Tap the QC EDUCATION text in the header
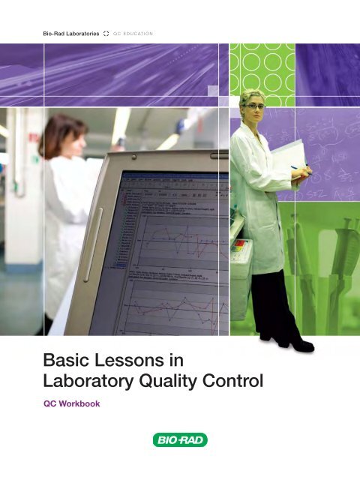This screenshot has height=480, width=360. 133,34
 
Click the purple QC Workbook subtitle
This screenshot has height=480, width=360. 72,403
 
